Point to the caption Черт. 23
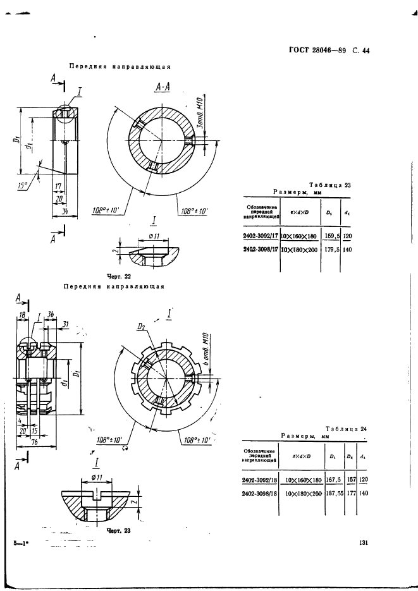[118, 530]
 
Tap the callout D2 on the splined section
[143, 327]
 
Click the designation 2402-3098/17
[262, 250]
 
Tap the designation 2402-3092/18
[260, 480]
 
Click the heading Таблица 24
[346, 429]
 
